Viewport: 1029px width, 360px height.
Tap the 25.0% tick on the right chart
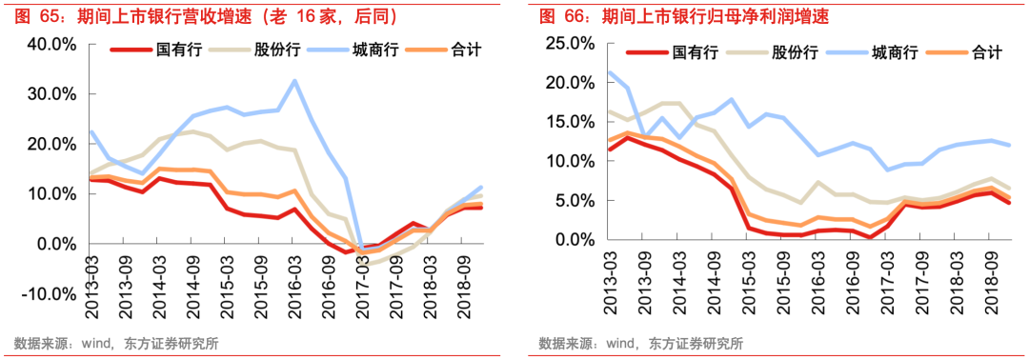coord(571,44)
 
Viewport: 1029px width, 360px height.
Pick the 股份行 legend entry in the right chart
coord(795,53)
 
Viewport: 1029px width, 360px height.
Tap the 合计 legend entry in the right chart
coord(986,53)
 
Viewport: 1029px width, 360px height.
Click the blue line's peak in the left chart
coord(294,81)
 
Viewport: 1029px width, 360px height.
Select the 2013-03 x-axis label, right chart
coord(610,277)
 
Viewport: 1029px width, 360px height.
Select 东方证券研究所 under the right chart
coord(695,344)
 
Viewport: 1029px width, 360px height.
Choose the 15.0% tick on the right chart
coord(571,122)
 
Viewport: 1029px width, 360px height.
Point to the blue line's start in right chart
coord(610,72)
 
